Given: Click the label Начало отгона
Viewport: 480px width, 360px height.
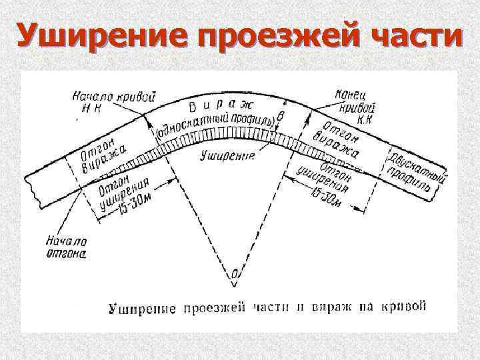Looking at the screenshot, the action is tap(67, 247).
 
